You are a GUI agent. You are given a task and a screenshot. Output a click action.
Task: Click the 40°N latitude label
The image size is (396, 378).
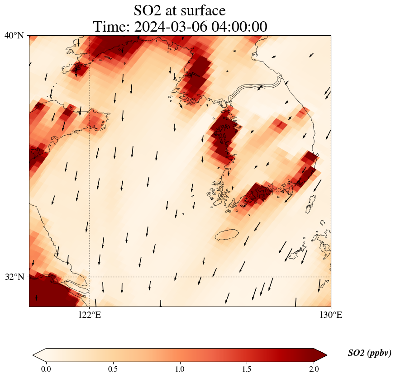click(14, 35)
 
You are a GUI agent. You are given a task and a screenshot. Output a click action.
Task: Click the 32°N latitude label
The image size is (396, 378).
click(14, 277)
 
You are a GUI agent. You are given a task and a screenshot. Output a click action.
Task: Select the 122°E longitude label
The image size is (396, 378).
click(90, 315)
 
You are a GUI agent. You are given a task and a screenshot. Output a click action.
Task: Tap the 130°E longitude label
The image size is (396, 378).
click(331, 315)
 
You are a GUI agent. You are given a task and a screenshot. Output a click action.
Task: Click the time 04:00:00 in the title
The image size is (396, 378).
click(239, 27)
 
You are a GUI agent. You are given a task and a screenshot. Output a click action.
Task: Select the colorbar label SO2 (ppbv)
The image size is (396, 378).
click(369, 353)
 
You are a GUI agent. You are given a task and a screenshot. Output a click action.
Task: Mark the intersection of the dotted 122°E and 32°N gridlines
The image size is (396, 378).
click(90, 277)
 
